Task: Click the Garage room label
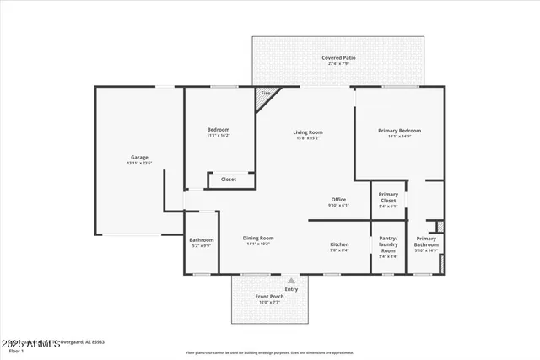click(139, 157)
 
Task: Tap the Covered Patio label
click(338, 58)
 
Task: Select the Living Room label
click(308, 132)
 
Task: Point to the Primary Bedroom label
click(399, 131)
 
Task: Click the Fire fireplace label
click(265, 93)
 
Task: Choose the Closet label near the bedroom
click(229, 180)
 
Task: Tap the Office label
click(338, 200)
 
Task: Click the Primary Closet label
click(388, 197)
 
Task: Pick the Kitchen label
click(338, 244)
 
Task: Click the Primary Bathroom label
click(426, 241)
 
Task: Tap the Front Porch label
click(270, 297)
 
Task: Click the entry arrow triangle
click(291, 281)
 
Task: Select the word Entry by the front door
click(291, 289)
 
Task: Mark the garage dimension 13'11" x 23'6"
click(139, 163)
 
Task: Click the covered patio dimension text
click(338, 63)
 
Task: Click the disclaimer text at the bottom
click(270, 353)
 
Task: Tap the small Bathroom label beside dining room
click(201, 239)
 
